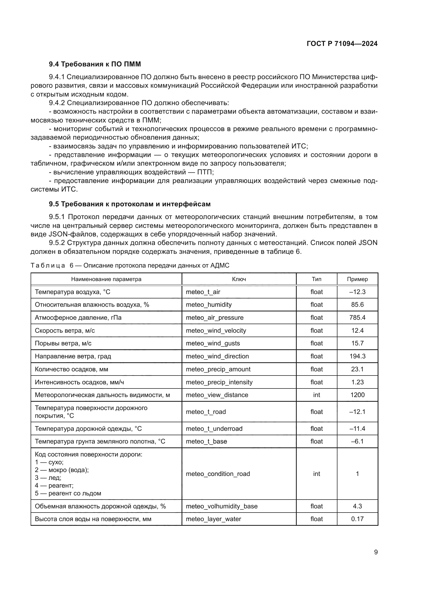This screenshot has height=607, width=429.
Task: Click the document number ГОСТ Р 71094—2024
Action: [x=342, y=44]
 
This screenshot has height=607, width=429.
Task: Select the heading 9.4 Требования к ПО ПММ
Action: [x=95, y=64]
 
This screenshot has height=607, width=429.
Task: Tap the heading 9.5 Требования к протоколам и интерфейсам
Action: [x=130, y=204]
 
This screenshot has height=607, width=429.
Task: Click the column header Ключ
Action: [x=239, y=279]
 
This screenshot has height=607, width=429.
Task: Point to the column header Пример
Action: [x=357, y=279]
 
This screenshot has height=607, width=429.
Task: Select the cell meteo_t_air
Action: [x=203, y=292]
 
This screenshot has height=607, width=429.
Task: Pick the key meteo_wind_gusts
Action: [x=213, y=343]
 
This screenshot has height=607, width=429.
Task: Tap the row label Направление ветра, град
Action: [x=73, y=356]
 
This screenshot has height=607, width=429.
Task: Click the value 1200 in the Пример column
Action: [x=357, y=395]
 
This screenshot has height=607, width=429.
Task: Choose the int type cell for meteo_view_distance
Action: [x=316, y=395]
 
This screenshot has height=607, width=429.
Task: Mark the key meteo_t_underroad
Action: [x=214, y=428]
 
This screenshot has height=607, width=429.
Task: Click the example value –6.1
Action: [x=357, y=441]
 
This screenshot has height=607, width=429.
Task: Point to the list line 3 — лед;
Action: [x=48, y=478]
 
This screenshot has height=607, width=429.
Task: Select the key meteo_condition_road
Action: [x=218, y=474]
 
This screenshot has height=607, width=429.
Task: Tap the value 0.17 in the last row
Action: [x=357, y=519]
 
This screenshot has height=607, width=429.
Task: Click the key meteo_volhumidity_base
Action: [x=222, y=506]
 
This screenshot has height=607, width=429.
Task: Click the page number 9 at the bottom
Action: [x=376, y=552]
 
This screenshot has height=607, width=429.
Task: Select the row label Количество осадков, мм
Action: [x=71, y=369]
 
